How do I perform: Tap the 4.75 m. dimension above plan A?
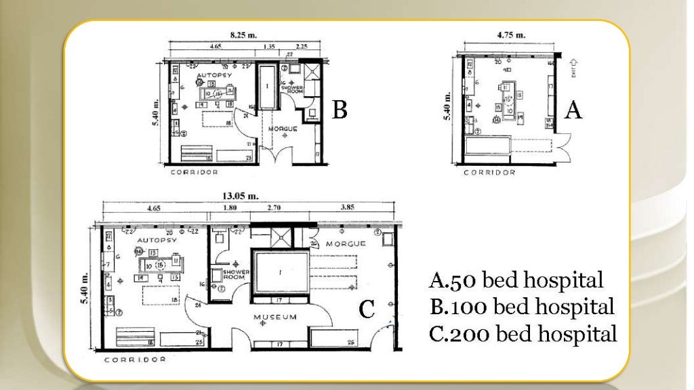(x=510, y=35)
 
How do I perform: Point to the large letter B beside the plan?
(x=340, y=110)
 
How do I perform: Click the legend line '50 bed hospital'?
(x=516, y=280)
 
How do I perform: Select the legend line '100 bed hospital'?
(x=522, y=306)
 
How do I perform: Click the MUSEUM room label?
(x=274, y=317)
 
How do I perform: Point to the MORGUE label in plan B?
(x=283, y=128)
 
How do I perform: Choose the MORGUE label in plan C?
(x=345, y=243)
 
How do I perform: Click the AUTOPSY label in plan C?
(x=157, y=240)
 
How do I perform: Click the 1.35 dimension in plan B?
(x=268, y=47)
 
